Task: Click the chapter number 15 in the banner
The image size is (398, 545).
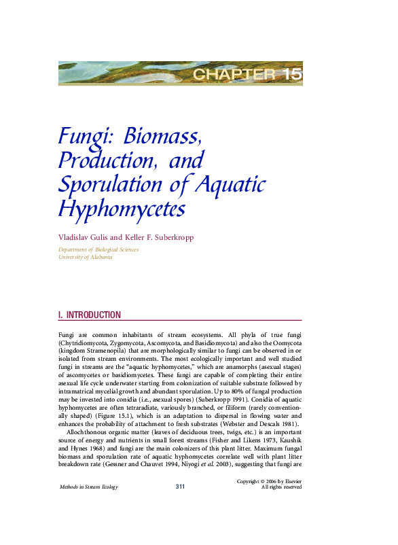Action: [x=291, y=74]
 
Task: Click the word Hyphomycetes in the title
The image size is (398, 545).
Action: [x=122, y=209]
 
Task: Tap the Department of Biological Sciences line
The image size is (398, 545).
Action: [x=98, y=249]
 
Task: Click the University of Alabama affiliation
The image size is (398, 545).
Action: [x=86, y=257]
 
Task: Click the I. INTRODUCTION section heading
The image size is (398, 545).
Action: [x=90, y=315]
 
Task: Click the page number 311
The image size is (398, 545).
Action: [x=180, y=487]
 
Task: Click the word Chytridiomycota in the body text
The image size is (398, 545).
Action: [x=84, y=345]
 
